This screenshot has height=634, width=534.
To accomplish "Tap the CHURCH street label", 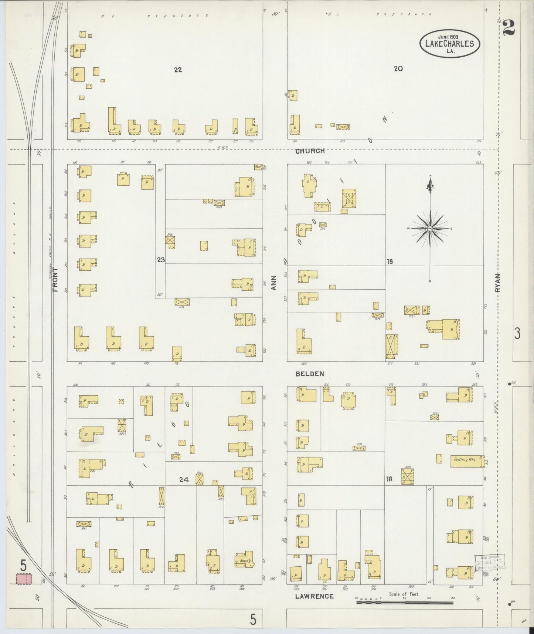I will pyautogui.click(x=310, y=151).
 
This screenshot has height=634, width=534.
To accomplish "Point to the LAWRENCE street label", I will pyautogui.click(x=314, y=596).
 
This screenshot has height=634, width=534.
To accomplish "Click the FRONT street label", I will pyautogui.click(x=56, y=280).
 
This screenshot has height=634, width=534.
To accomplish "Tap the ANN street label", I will pyautogui.click(x=274, y=283).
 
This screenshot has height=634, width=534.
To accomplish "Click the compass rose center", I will pyautogui.click(x=430, y=229).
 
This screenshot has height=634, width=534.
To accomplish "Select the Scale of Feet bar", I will pyautogui.click(x=405, y=603).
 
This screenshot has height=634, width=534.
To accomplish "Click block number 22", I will pyautogui.click(x=178, y=70).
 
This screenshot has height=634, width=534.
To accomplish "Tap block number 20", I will pyautogui.click(x=398, y=68).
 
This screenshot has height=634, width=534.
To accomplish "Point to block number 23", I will pyautogui.click(x=160, y=260).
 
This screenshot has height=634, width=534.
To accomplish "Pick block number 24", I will pyautogui.click(x=184, y=480).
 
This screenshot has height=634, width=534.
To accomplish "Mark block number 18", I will pyautogui.click(x=389, y=479).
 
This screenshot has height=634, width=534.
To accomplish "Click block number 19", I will pyautogui.click(x=390, y=262).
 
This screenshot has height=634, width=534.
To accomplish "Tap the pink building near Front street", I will pyautogui.click(x=23, y=579).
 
